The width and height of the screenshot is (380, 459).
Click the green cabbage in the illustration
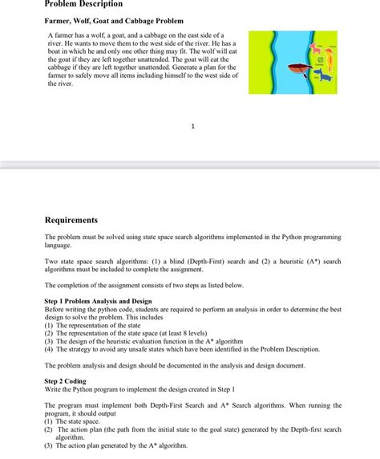pos(320,60)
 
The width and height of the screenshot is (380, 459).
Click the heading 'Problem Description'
pos(83,5)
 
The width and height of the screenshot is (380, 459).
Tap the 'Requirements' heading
pos(71,220)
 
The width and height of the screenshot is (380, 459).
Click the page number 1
pos(192,126)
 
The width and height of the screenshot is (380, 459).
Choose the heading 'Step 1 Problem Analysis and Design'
pos(98,301)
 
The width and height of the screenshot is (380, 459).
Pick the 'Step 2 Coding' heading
pos(65,381)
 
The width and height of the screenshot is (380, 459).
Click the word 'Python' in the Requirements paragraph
pos(282,238)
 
